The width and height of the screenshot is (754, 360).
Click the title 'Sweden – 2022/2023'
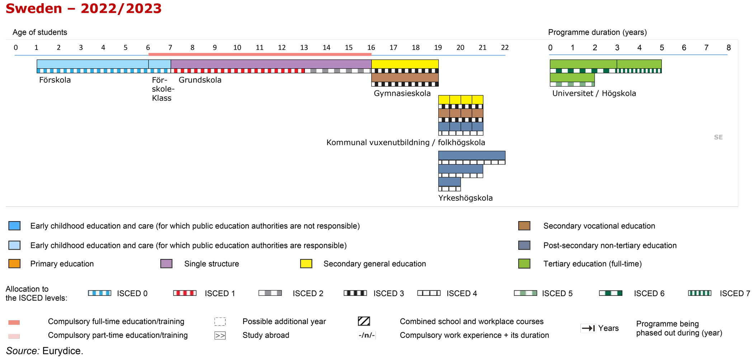click(84, 8)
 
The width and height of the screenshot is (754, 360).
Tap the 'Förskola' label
click(55, 80)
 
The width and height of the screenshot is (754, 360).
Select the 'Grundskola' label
click(200, 80)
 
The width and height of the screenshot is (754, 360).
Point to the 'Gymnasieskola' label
click(402, 93)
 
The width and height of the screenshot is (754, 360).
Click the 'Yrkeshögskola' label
click(465, 198)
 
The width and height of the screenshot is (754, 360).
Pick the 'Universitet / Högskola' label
click(594, 93)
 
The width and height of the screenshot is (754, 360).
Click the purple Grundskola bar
click(271, 64)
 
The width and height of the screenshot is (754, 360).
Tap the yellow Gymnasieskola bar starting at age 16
click(405, 64)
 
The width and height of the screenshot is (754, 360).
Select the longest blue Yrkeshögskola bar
click(472, 156)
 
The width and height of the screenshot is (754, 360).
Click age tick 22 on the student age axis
click(505, 48)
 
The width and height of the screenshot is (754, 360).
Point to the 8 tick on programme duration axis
click(729, 48)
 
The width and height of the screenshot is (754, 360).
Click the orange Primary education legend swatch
click(14, 264)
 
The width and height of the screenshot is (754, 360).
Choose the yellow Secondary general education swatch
click(306, 264)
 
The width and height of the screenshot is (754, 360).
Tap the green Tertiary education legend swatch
click(524, 264)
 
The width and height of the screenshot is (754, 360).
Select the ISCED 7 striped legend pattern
click(699, 293)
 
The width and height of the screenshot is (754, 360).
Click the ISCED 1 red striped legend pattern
click(185, 293)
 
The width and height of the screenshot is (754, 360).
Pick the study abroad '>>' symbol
click(220, 336)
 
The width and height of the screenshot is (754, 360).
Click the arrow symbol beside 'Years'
click(588, 328)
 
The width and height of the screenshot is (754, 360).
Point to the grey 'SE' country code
click(718, 137)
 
